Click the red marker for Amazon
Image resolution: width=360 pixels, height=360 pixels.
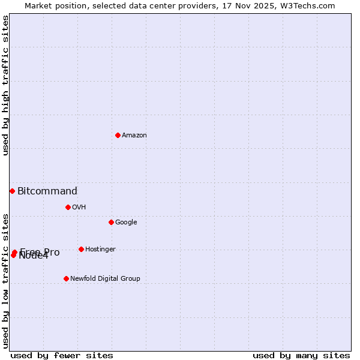[118, 135]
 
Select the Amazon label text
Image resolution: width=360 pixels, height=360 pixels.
[134, 136]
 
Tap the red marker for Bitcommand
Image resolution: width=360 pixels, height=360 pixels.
[12, 191]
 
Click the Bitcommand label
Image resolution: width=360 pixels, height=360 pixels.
[47, 191]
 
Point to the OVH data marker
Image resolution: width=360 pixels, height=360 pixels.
[68, 207]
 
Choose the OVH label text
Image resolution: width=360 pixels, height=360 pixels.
[79, 208]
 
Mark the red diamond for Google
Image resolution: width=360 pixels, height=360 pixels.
[111, 222]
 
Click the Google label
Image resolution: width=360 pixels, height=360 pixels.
[126, 223]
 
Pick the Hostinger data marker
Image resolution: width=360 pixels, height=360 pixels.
[81, 249]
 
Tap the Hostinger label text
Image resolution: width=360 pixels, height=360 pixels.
[100, 250]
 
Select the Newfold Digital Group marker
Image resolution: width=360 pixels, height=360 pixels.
[66, 278]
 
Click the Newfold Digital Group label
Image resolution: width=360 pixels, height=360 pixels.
[105, 279]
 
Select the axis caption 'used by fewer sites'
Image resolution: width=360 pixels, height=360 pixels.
[62, 355]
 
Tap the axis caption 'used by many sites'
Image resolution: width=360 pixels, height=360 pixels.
[301, 355]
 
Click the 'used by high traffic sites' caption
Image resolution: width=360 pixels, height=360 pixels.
[6, 86]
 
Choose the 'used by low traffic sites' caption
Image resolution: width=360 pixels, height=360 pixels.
[6, 281]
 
